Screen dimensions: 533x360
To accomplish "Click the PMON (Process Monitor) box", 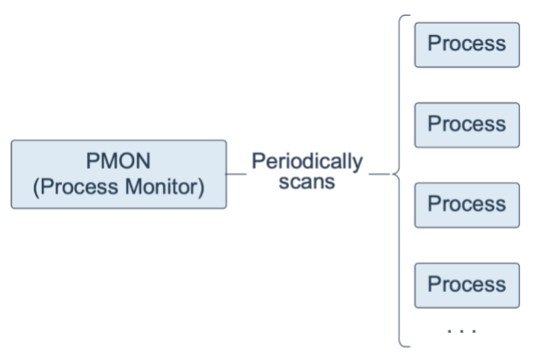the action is (118, 174).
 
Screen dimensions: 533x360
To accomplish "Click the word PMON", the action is (118, 161).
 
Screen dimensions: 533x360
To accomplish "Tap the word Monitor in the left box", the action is (161, 187).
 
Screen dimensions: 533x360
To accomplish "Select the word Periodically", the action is (307, 162).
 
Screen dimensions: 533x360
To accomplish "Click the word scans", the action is (307, 182).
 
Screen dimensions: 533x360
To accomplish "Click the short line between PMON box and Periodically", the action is (237, 174).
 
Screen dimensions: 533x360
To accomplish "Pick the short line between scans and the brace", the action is (380, 174).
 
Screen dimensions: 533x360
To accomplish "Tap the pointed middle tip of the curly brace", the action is (392, 174).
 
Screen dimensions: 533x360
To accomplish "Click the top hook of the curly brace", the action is (405, 16).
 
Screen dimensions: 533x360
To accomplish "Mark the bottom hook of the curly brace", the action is (405, 346).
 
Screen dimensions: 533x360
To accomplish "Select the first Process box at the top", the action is (467, 45).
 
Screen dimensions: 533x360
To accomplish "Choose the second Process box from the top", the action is (467, 125).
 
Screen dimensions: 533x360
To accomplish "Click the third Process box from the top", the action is (467, 205).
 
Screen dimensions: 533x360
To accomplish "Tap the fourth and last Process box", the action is (467, 286).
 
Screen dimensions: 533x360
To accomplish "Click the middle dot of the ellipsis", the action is (462, 330).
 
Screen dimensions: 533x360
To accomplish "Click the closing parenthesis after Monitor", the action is (201, 187).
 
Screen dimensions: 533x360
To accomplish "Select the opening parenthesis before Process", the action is (37, 187).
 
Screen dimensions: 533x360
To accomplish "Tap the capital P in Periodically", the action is (258, 161).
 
